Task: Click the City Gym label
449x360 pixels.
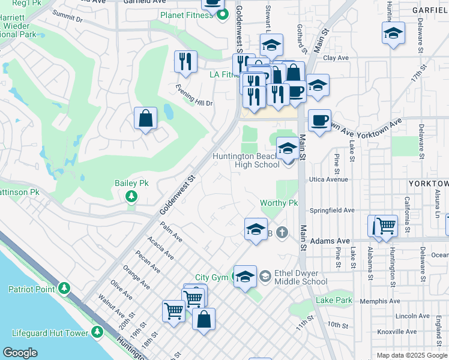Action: (211, 278)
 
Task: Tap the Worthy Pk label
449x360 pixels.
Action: (279, 203)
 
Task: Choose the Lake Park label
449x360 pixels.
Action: (334, 300)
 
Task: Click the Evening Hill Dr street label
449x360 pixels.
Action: (194, 95)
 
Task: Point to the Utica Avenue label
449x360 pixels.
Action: (328, 179)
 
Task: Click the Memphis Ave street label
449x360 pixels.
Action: (380, 301)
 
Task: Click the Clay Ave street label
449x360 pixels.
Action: (336, 58)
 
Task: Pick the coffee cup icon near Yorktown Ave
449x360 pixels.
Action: (319, 120)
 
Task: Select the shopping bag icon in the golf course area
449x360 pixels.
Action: (146, 118)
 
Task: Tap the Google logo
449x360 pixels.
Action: (20, 353)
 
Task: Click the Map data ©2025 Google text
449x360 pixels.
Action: (411, 355)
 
